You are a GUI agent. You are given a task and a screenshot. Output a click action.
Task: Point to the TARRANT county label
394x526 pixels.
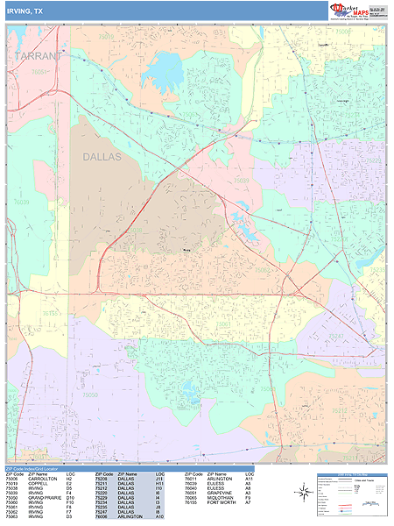(40, 56)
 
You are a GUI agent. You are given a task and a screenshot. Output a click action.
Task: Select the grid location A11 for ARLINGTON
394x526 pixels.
(249, 480)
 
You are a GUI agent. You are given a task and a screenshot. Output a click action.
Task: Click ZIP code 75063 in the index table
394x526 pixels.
(11, 518)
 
